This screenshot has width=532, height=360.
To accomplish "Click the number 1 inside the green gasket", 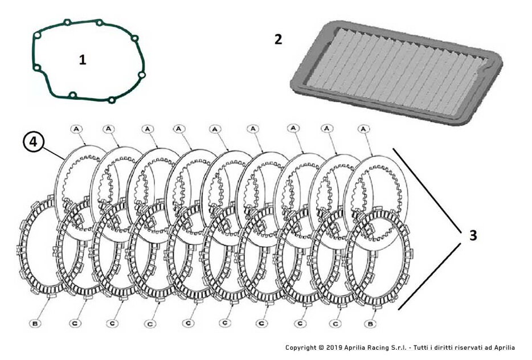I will (83, 59).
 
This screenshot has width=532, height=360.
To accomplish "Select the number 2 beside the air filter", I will (278, 39).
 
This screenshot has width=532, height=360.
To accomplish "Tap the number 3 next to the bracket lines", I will (473, 235).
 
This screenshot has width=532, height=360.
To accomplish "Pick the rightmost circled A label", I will (363, 129).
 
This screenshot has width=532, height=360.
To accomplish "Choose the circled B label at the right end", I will (371, 323).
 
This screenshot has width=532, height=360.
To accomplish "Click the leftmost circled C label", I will (75, 323).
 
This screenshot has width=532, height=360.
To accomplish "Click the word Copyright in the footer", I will (300, 347).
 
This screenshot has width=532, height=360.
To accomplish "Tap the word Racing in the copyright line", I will (375, 347).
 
